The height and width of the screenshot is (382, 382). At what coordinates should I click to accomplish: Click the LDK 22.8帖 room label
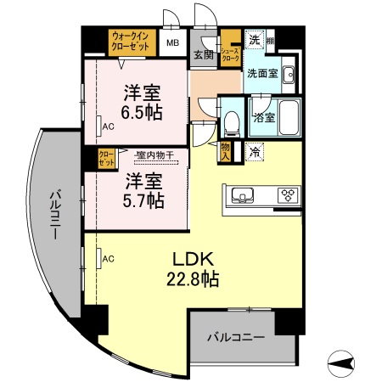197,267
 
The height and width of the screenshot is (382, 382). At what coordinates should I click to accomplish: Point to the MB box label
172,42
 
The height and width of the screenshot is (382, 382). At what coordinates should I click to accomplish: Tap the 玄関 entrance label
202,55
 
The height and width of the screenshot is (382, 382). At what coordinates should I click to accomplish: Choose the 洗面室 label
261,74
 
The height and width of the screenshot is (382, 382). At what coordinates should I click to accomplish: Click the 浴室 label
262,117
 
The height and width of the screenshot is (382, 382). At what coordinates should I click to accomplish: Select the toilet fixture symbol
231,121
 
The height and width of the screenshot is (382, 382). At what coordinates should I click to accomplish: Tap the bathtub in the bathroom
289,118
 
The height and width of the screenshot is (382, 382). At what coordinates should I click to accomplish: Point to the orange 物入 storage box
226,152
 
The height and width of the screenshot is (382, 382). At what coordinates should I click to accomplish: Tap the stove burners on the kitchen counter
287,194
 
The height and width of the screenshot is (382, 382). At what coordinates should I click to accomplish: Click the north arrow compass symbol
342,363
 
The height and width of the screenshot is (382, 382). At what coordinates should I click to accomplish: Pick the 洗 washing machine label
254,39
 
